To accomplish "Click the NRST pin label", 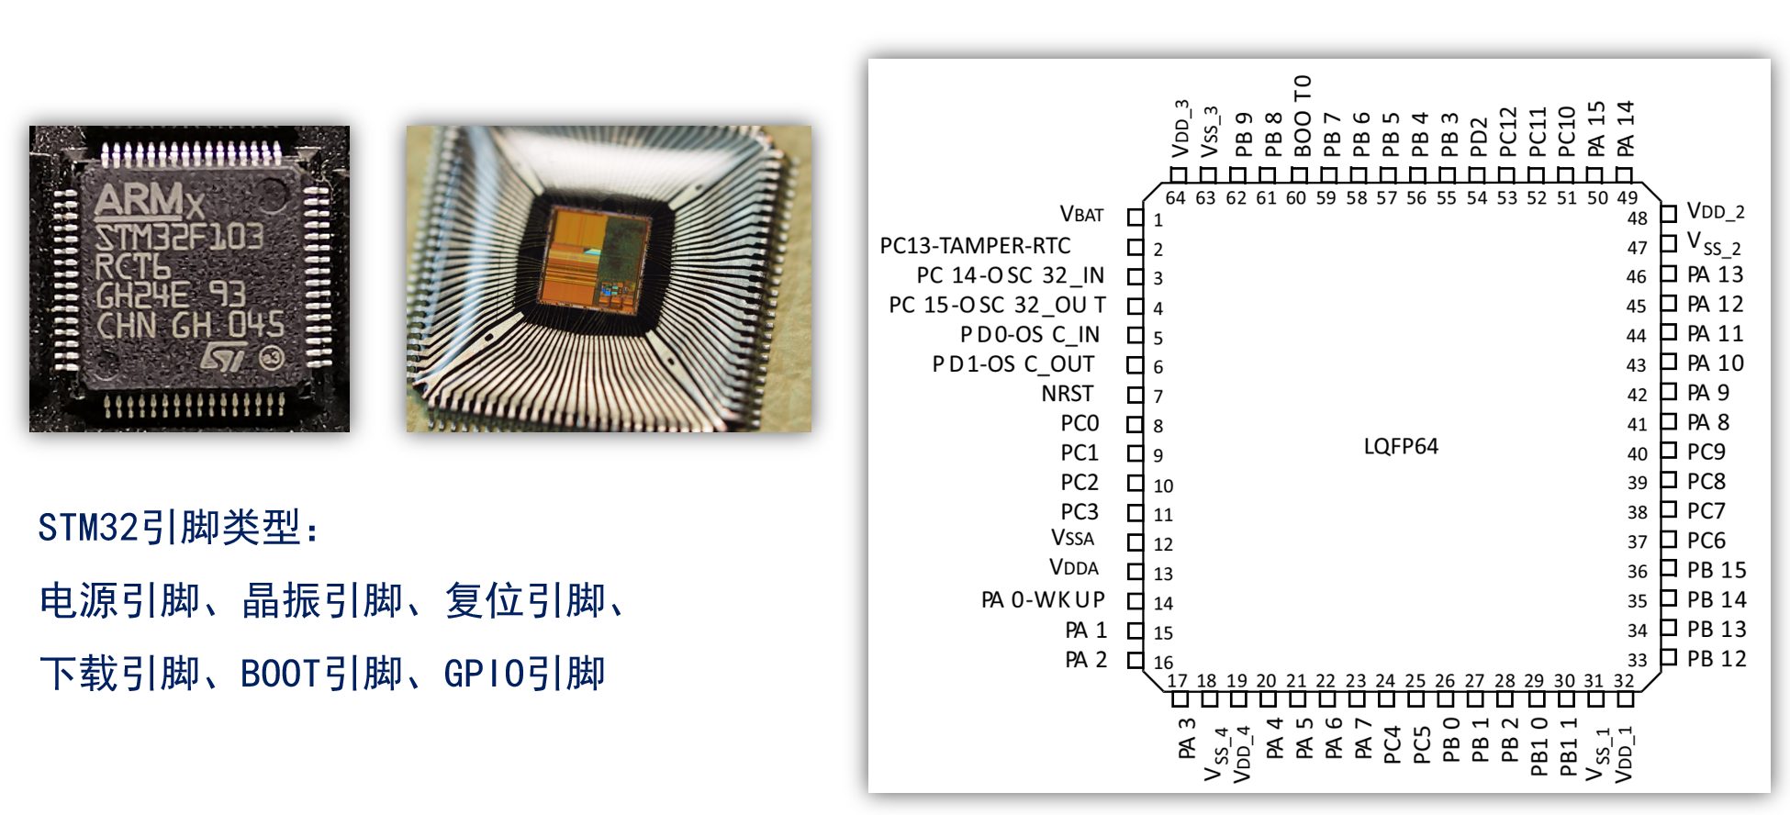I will click(x=1067, y=394).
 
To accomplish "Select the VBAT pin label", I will click(x=1081, y=215).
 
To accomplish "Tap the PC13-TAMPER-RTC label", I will click(x=975, y=246).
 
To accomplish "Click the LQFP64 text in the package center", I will click(x=1401, y=447).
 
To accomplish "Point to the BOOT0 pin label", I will click(x=1302, y=116).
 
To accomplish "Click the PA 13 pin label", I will click(x=1715, y=274).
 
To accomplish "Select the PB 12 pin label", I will click(x=1716, y=659).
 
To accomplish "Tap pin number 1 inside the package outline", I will click(x=1158, y=220).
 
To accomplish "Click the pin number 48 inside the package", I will click(x=1637, y=218).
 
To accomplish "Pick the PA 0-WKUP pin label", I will click(x=1043, y=600).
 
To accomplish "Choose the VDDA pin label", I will click(x=1073, y=568).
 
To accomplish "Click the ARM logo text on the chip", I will click(x=147, y=201).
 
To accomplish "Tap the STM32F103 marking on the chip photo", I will click(x=180, y=237).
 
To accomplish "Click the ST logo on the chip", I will click(x=226, y=357).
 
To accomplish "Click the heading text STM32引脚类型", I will click(x=179, y=528).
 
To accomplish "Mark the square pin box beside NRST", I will click(x=1136, y=395).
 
